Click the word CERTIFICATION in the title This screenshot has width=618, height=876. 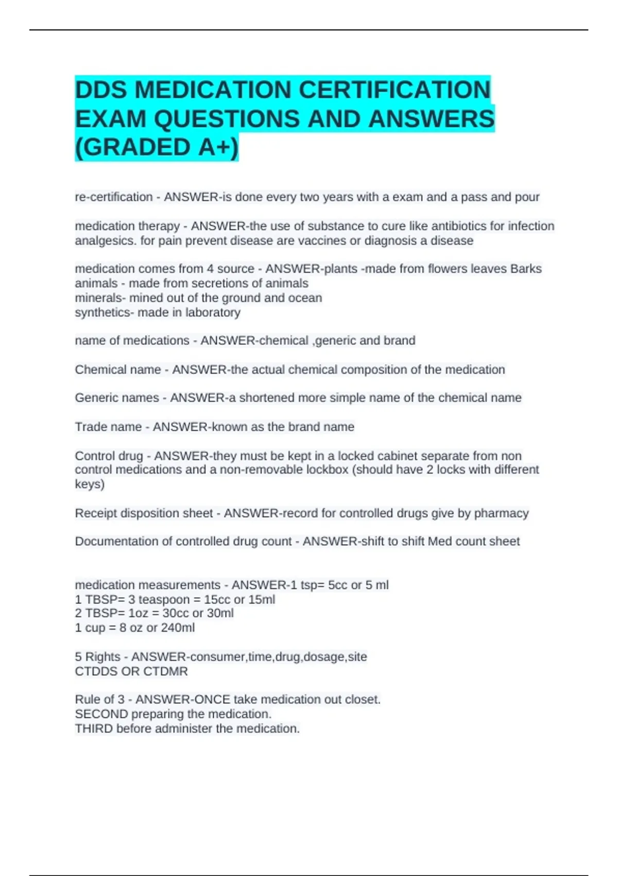click(394, 90)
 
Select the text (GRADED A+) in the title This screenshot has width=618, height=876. click(157, 147)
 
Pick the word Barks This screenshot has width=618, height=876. click(526, 269)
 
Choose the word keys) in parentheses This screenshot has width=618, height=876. click(90, 484)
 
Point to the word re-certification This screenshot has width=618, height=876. click(114, 197)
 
